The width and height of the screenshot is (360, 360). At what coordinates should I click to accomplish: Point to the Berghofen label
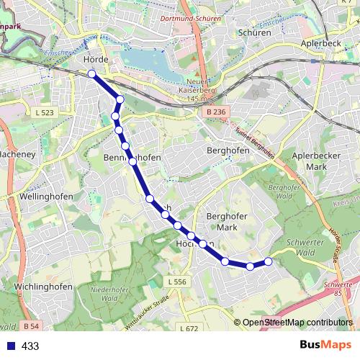(x=228, y=150)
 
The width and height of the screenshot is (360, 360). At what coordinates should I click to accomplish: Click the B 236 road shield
(x=215, y=112)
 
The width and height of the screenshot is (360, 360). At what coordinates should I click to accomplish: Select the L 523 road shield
(x=45, y=113)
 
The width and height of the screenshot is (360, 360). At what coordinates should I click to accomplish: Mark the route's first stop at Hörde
(x=92, y=73)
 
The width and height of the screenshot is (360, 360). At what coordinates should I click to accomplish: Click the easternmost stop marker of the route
(x=269, y=261)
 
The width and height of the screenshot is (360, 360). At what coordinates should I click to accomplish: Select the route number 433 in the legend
(x=30, y=346)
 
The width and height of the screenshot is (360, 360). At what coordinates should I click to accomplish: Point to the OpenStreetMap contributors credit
(x=297, y=323)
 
